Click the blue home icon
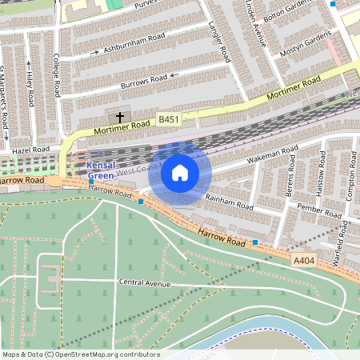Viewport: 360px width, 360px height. pos(180,173)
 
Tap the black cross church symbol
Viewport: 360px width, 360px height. pos(120,118)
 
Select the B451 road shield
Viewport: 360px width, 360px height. pos(167,119)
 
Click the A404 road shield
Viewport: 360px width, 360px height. pos(303,260)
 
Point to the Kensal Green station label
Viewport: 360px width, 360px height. pos(100,170)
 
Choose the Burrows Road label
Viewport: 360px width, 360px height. pos(144,79)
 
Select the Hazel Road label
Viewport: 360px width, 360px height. pos(31,150)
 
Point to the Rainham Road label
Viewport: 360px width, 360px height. pos(229,202)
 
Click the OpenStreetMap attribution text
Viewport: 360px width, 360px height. pos(80,354)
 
